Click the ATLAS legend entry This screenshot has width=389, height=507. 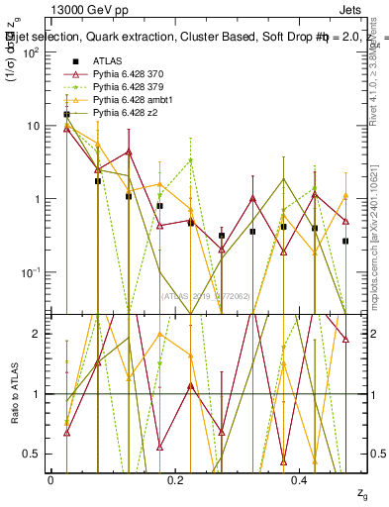pyautogui.click(x=107, y=62)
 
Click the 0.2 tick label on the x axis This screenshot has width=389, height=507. pyautogui.click(x=176, y=479)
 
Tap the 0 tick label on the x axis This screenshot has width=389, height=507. pyautogui.click(x=50, y=479)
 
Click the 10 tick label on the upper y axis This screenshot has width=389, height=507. pyautogui.click(x=31, y=126)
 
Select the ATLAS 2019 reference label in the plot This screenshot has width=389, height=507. pyautogui.click(x=208, y=295)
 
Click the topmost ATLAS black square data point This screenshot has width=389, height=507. pyautogui.click(x=66, y=115)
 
